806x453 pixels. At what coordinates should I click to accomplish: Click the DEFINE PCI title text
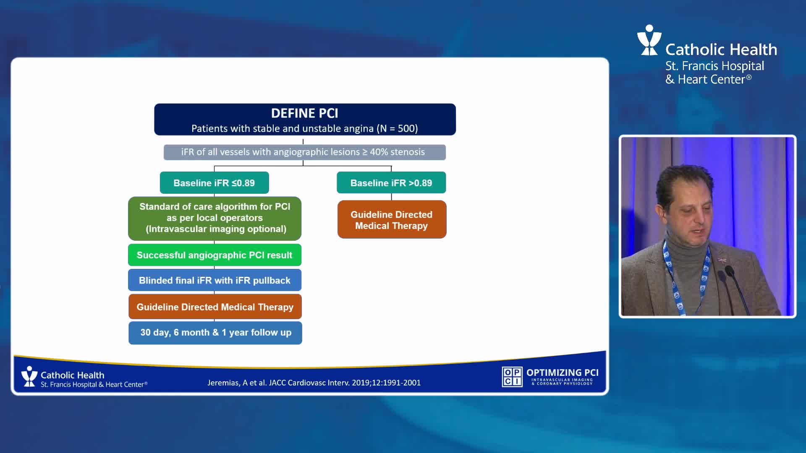click(304, 113)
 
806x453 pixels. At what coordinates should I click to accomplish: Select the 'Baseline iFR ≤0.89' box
click(214, 183)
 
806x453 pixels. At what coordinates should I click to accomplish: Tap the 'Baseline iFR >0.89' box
click(391, 183)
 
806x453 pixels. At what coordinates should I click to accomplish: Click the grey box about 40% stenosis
click(304, 152)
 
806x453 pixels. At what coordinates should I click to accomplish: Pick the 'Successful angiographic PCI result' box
click(215, 255)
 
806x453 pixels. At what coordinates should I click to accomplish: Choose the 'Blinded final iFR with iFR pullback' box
click(215, 280)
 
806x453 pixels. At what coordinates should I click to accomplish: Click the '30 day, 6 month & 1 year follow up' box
click(215, 333)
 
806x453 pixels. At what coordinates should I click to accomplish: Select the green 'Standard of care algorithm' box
click(215, 218)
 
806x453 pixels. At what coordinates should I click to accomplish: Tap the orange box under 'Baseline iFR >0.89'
click(392, 220)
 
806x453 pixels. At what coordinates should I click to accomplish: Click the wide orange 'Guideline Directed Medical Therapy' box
click(215, 307)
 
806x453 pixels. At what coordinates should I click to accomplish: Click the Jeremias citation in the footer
click(314, 383)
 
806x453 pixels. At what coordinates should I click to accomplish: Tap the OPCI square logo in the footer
click(512, 376)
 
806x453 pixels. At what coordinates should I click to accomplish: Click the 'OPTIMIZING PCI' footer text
click(563, 372)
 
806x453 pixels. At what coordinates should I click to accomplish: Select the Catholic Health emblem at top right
click(649, 40)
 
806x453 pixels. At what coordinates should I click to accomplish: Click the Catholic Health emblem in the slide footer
click(29, 376)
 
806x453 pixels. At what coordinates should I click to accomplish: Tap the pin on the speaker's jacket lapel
click(722, 260)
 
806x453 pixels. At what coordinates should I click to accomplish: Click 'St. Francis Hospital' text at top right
click(714, 66)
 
